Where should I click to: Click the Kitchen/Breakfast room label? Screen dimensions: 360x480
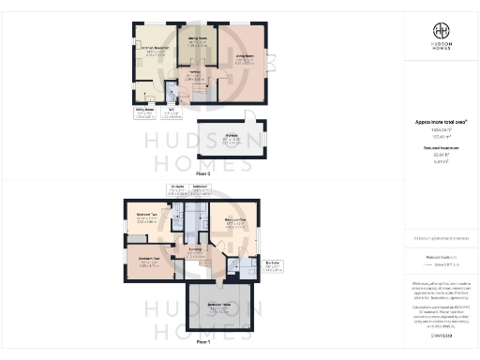[x=151, y=51]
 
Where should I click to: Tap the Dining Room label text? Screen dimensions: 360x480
[x=197, y=39]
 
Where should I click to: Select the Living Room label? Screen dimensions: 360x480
[x=245, y=57]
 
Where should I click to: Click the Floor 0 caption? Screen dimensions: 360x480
[x=202, y=174]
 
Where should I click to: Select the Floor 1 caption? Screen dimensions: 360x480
[x=202, y=343]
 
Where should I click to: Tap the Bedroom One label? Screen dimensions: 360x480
[x=233, y=221]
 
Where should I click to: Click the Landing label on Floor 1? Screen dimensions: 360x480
[x=194, y=248]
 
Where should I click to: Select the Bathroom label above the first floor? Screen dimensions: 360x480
[x=199, y=187]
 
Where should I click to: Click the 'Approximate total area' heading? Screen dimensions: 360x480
[x=437, y=122]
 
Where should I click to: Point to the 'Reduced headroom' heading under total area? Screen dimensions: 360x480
[x=437, y=148]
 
